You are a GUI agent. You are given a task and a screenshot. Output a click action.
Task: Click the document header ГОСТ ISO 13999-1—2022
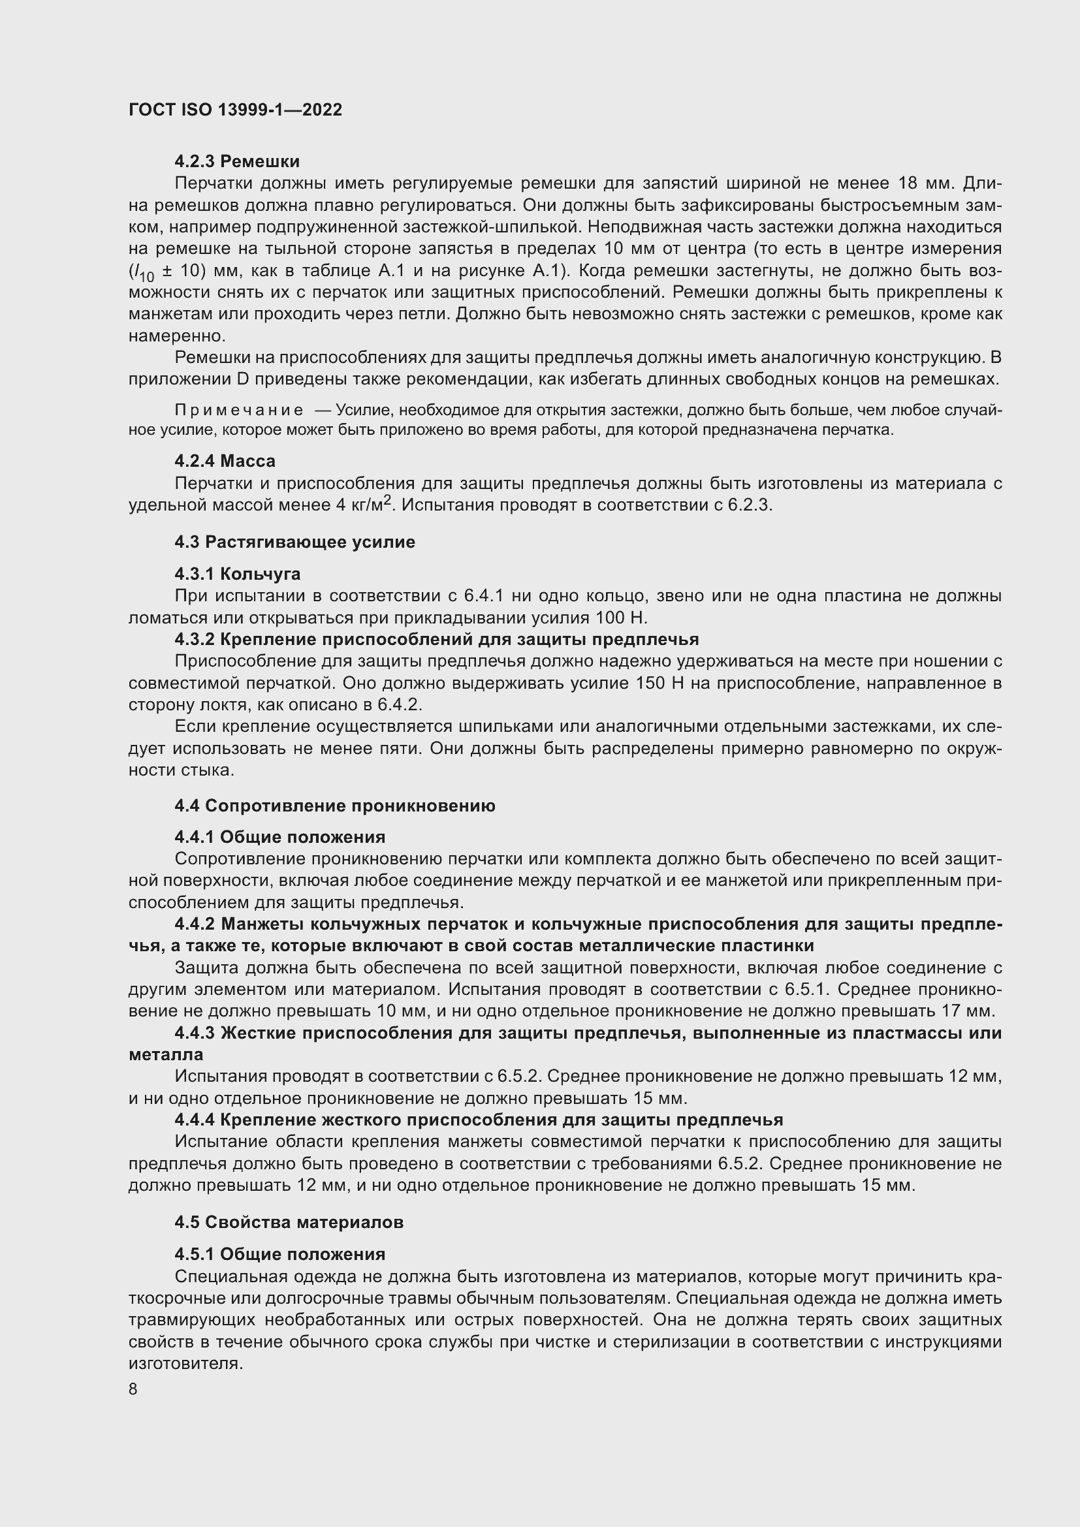click(x=236, y=110)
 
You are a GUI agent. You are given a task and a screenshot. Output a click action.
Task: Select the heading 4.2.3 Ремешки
click(x=237, y=162)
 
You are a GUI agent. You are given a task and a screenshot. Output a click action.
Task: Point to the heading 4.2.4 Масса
click(x=225, y=461)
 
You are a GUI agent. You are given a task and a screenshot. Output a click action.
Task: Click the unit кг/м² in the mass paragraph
click(x=372, y=504)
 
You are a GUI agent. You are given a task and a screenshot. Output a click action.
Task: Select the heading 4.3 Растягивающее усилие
click(x=294, y=542)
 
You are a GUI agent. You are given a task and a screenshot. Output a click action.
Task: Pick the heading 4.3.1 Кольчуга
click(x=238, y=573)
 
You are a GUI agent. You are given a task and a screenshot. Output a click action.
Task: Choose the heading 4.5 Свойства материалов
click(x=289, y=1222)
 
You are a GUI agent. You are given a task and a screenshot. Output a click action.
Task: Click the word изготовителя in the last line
click(x=185, y=1363)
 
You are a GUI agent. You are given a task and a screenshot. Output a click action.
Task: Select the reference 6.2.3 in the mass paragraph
click(x=749, y=505)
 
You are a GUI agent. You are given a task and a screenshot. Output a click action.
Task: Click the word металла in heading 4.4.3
click(x=166, y=1055)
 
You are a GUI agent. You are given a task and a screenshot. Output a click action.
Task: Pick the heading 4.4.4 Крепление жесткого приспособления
click(x=479, y=1120)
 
